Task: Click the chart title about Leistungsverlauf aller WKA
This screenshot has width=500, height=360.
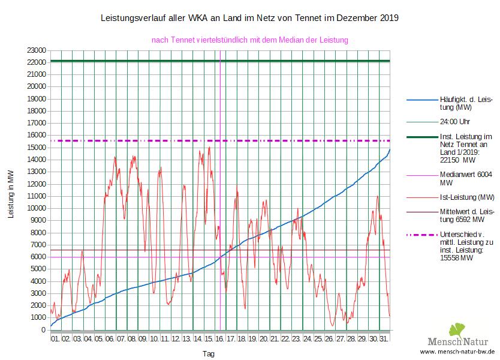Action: [x=249, y=19]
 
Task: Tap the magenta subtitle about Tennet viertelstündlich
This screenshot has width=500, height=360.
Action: [x=250, y=40]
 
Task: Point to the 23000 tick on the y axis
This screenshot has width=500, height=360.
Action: [x=36, y=50]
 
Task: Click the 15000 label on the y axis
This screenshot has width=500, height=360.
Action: [x=36, y=147]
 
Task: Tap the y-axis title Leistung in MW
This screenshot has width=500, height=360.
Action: [x=11, y=193]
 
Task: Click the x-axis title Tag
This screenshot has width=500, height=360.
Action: [x=208, y=354]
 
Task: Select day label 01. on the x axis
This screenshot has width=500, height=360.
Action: [x=55, y=340]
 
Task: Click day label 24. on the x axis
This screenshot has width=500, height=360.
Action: [x=307, y=340]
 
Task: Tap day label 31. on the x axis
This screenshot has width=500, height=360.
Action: [x=384, y=340]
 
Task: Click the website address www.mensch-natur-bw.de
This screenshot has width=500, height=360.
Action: [x=457, y=352]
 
